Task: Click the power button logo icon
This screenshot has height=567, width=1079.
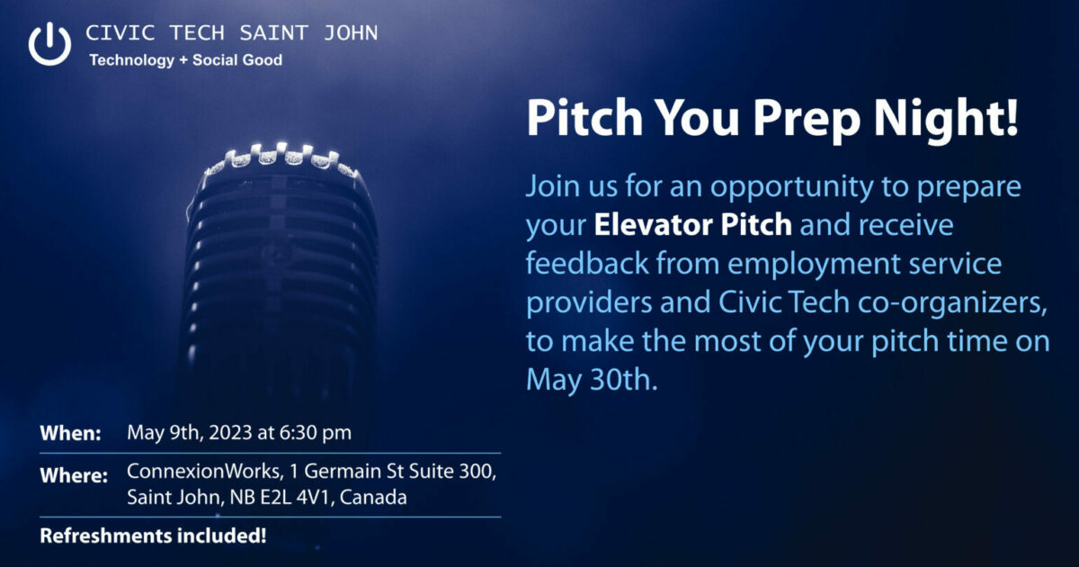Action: (49, 43)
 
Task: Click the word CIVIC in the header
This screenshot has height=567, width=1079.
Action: (112, 34)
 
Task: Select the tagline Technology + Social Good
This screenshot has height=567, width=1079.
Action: (185, 60)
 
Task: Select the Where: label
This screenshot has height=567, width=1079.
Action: (74, 475)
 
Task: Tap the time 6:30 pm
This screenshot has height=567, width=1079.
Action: (317, 433)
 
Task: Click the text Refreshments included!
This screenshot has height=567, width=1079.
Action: (153, 537)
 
